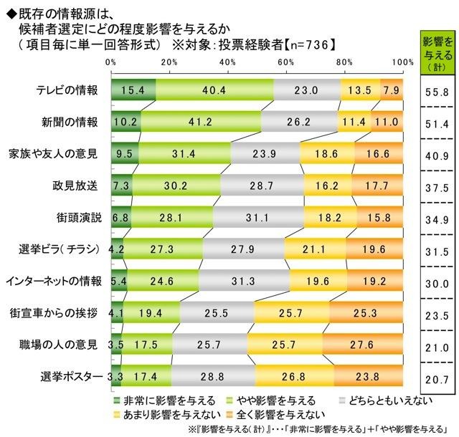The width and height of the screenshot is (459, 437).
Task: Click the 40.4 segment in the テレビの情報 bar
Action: point(214,90)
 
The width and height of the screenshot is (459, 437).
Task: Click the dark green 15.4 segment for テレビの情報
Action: point(133,90)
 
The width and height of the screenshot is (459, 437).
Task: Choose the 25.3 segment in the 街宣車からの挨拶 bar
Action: point(366,314)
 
